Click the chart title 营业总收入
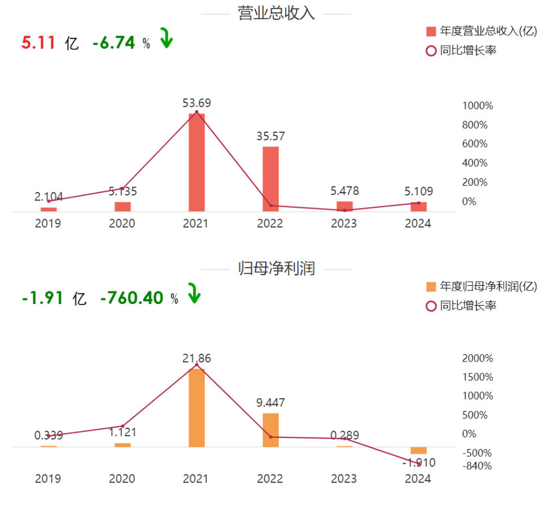pos(276,14)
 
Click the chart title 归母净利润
pos(276,268)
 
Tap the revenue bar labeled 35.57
pos(270,179)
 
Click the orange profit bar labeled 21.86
pos(196,408)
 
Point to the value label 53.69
pos(196,103)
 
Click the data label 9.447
pos(270,403)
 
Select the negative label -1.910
pos(418,463)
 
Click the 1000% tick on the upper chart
pos(478,106)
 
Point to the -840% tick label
pos(477,466)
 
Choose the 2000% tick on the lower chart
pos(478,358)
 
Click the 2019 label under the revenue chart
pos(48,224)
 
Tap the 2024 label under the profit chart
pos(418,478)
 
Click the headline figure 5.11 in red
pos(38,42)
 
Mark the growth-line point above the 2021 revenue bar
pos(196,112)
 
